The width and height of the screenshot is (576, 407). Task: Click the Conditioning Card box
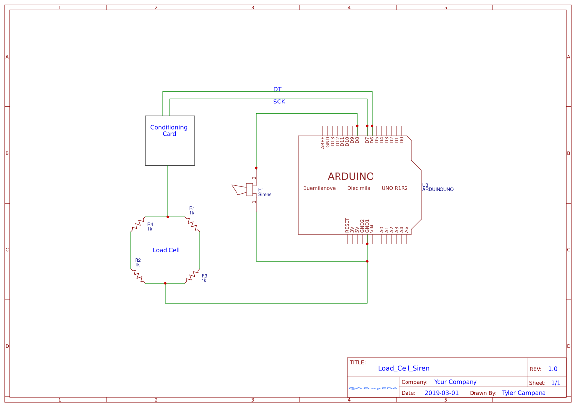(169, 140)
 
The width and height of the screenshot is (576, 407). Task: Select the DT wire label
(277, 89)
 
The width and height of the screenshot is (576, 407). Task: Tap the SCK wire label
(279, 102)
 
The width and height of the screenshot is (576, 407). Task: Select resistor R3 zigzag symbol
(192, 277)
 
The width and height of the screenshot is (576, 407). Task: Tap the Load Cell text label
(166, 250)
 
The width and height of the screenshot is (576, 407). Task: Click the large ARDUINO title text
(350, 176)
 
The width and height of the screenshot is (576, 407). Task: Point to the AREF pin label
(323, 143)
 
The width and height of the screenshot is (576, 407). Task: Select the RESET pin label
(347, 225)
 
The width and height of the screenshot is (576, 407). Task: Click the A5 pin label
(407, 229)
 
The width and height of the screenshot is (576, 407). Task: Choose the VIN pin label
(372, 228)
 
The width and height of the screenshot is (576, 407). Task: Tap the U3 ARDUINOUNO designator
(438, 187)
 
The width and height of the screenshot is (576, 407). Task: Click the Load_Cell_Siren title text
(404, 368)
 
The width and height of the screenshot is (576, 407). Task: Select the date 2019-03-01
(441, 393)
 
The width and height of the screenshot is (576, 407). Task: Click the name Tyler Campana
(523, 393)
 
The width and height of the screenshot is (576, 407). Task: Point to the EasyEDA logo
(373, 388)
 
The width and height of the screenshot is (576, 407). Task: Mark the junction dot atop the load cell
(168, 217)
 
